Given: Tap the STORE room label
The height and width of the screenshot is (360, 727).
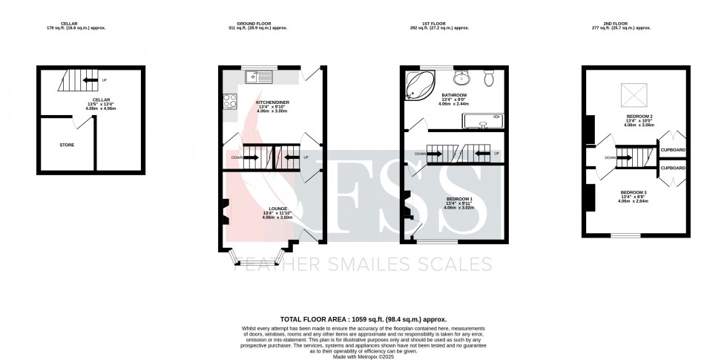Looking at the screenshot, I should point(67,145).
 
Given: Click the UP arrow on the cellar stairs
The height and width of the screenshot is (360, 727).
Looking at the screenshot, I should point(104,79).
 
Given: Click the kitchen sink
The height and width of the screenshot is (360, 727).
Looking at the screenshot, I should point(260,75).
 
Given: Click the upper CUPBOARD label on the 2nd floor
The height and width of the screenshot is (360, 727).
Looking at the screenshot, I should point(673,150).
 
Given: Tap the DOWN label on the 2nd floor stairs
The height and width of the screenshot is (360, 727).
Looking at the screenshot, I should point(610,157).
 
